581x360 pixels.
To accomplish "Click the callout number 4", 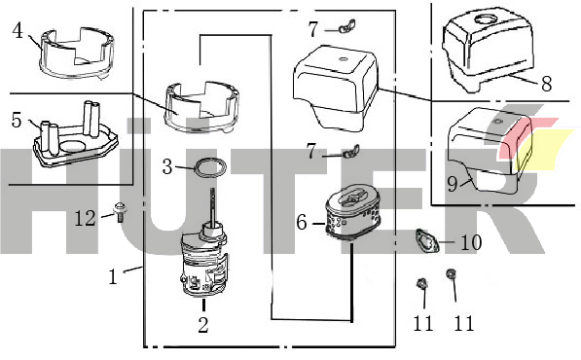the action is coord(18,31).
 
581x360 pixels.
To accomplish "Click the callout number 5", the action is coord(17,120).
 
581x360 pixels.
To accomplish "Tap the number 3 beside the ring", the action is coord(167,166).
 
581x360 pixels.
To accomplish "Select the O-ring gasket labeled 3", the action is coord(210,167).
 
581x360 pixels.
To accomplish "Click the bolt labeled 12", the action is coord(120,211).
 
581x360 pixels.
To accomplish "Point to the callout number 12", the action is coord(86,218).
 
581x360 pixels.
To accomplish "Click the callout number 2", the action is coord(203,325).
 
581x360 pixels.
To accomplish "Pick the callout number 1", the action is coord(113,276).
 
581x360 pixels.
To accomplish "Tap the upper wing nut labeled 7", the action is coord(346,26).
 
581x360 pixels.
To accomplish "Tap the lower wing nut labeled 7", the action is coord(350,151).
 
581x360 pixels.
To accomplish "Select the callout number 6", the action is coord(302,223).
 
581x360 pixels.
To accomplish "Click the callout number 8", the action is coord(547,84).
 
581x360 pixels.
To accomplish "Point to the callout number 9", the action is coord(453,184).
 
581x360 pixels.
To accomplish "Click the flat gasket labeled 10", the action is coord(427,241).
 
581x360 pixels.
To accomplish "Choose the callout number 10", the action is coord(471,242).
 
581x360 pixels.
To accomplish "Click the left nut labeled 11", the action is coord(421,284).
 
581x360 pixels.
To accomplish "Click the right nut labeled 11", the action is coord(451,274).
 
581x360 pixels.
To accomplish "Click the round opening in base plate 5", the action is coord(74,145).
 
